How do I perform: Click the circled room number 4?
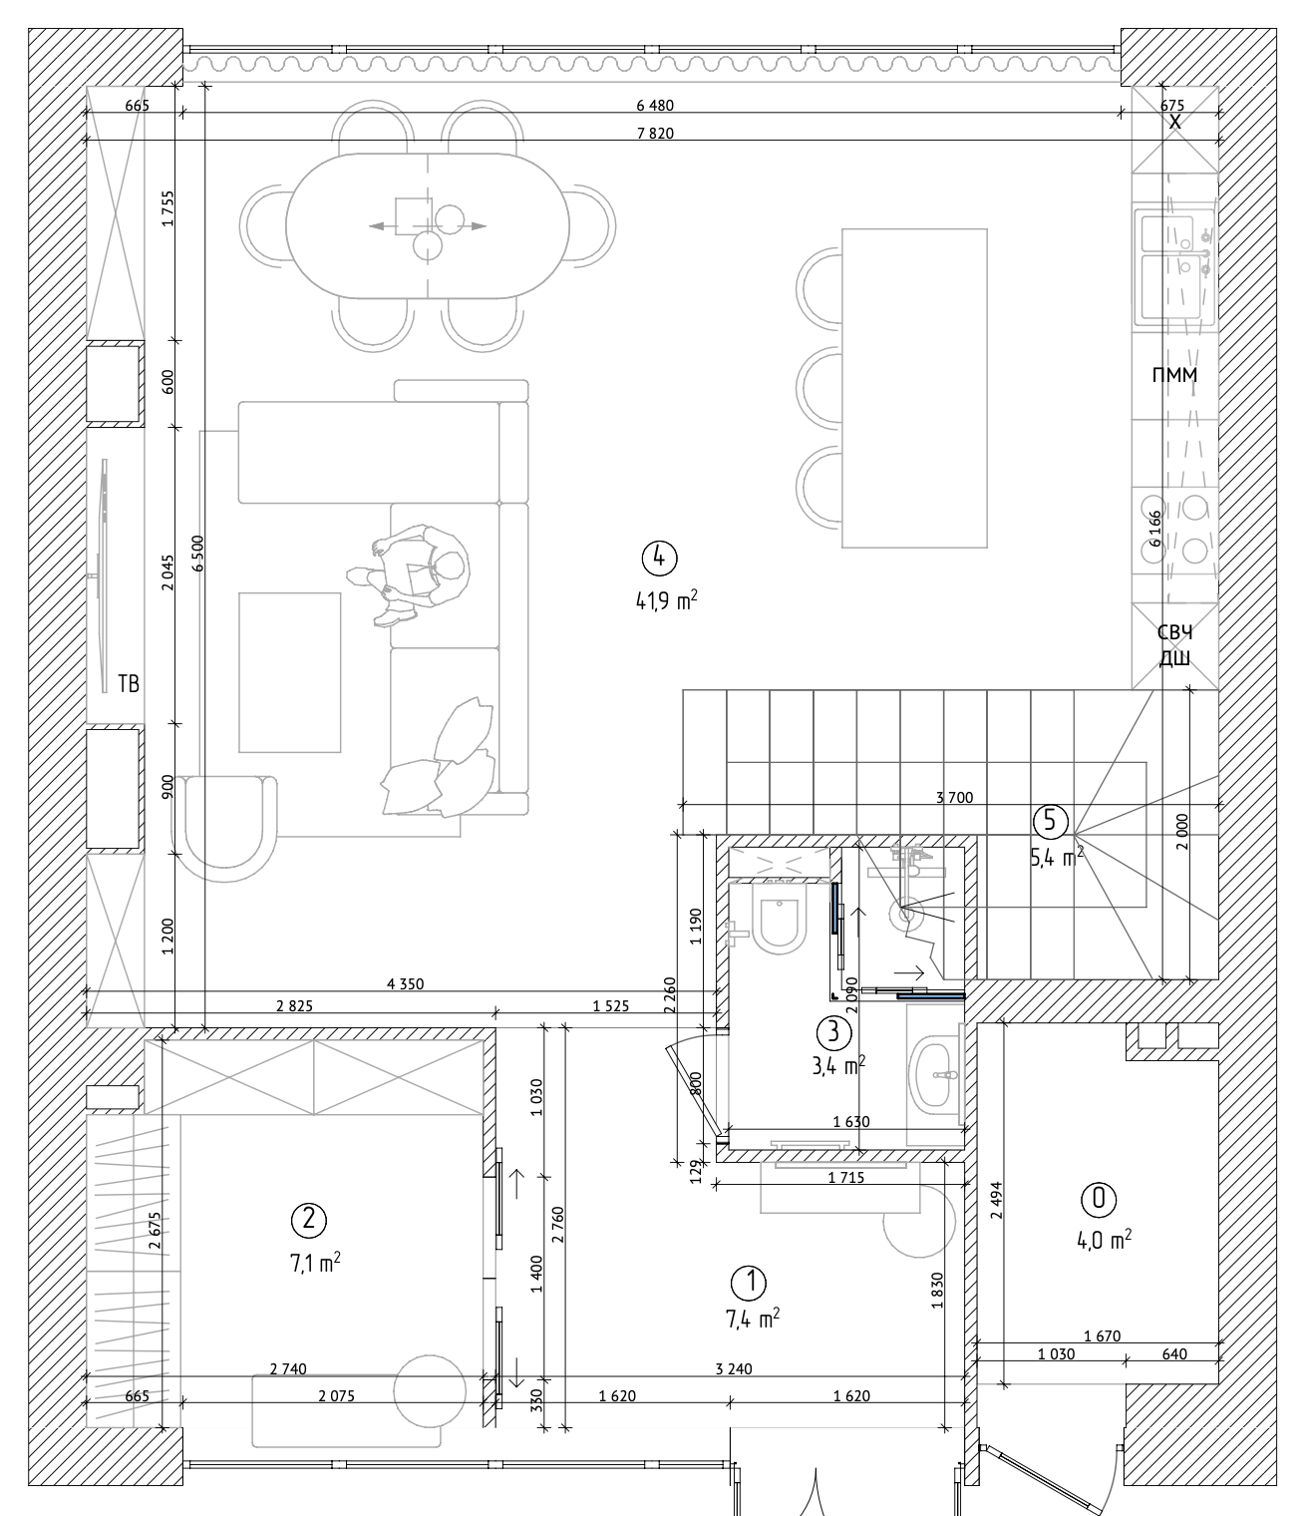pyautogui.click(x=659, y=559)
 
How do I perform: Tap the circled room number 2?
pyautogui.click(x=309, y=1219)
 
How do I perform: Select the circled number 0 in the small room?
pyautogui.click(x=1099, y=1199)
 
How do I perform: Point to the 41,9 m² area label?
pyautogui.click(x=666, y=600)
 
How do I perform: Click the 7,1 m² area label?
pyautogui.click(x=315, y=1263)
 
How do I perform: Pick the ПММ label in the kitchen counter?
pyautogui.click(x=1174, y=375)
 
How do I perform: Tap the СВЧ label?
pyautogui.click(x=1174, y=632)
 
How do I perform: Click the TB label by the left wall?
pyautogui.click(x=129, y=683)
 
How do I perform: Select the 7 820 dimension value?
pyautogui.click(x=655, y=133)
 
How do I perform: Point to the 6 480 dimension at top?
pyautogui.click(x=655, y=105)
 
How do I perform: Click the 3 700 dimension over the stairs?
pyautogui.click(x=954, y=797)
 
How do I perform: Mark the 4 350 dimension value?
pyautogui.click(x=406, y=983)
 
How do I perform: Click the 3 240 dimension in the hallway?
pyautogui.click(x=734, y=1368)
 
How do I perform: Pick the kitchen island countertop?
pyautogui.click(x=914, y=388)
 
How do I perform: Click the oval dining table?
pyautogui.click(x=428, y=225)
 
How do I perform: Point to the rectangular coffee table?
pyautogui.click(x=289, y=672)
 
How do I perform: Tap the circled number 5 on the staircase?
pyautogui.click(x=1051, y=821)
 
